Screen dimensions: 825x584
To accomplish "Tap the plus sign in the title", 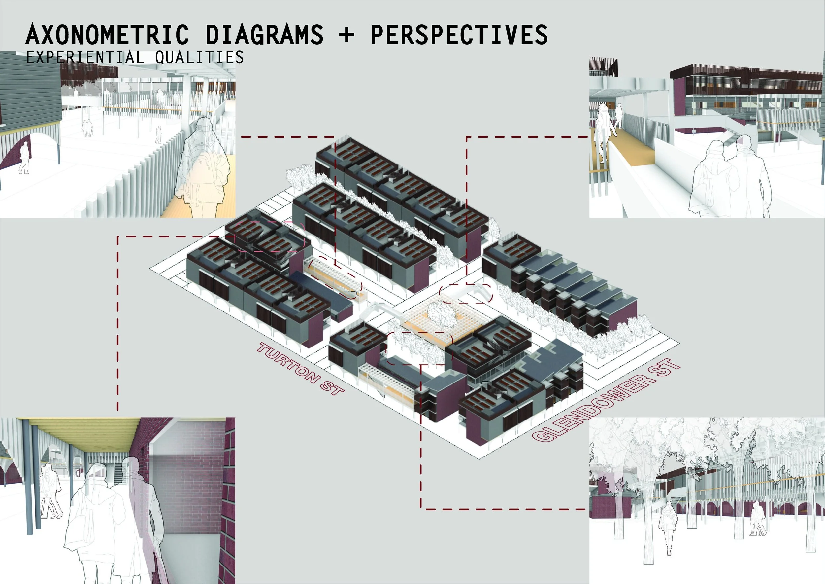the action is (346, 35).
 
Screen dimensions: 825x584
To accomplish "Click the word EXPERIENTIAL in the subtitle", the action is (85, 57).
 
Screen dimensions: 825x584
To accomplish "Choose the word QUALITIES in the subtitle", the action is (199, 57).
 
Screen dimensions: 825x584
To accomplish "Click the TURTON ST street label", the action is (300, 369).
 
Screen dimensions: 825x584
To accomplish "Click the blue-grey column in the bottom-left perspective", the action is (29, 475).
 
